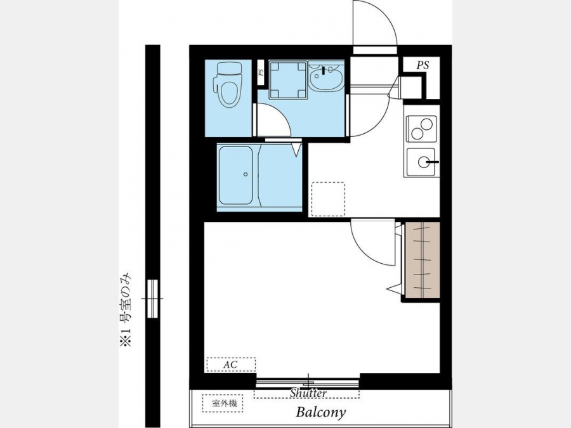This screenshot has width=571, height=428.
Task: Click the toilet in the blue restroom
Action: tap(228, 84)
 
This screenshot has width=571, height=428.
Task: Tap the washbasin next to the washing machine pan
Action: tap(325, 77)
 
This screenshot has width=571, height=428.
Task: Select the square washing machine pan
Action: tap(288, 80)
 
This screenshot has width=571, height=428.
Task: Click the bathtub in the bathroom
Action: tap(235, 176)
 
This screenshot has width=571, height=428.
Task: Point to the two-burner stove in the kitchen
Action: tap(421, 129)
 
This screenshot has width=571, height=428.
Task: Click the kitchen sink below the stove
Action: tap(421, 162)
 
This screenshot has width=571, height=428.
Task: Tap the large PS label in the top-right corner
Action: tap(423, 65)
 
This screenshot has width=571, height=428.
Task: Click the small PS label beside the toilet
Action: tap(261, 72)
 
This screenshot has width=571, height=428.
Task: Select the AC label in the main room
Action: tap(231, 365)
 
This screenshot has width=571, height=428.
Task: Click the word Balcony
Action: tap(320, 412)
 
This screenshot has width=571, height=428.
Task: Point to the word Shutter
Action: tap(308, 393)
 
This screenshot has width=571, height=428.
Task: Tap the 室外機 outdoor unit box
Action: tap(223, 404)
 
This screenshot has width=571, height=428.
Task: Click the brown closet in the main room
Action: tap(423, 260)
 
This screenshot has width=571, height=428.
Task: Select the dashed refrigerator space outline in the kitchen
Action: tap(328, 199)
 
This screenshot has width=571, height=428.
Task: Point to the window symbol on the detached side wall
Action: tap(152, 299)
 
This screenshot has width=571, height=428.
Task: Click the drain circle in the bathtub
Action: tap(246, 174)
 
